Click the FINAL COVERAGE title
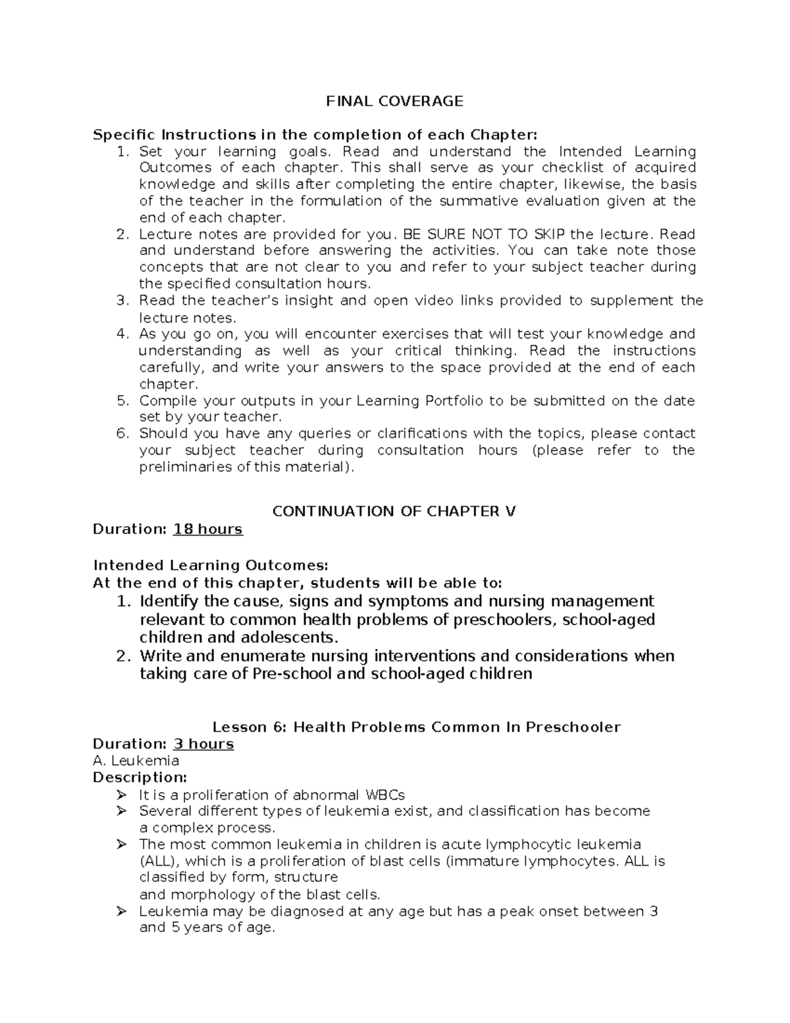[x=394, y=101]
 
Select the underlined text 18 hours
[x=207, y=530]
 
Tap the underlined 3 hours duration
[x=203, y=744]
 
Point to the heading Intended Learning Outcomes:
[x=210, y=565]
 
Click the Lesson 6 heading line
[x=416, y=727]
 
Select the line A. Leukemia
[x=136, y=761]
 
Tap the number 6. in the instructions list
[x=122, y=433]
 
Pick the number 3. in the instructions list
[x=122, y=300]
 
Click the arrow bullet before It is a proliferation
[x=121, y=795]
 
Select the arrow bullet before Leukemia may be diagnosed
[x=121, y=912]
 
